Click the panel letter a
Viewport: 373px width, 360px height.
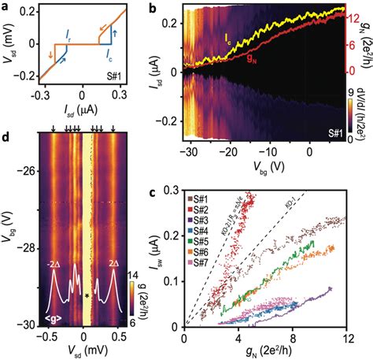pos(6,7)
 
